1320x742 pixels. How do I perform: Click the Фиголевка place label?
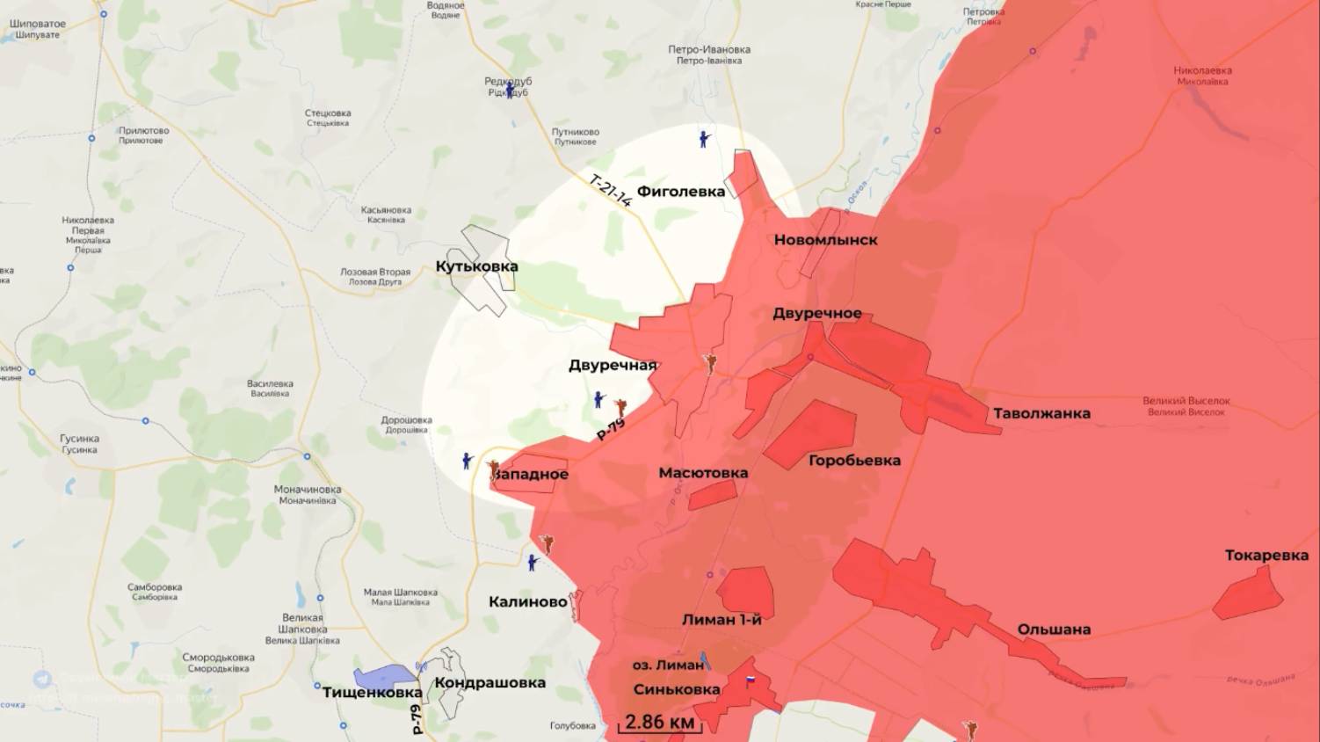[x=680, y=192]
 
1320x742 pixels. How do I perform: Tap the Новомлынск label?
[x=825, y=240]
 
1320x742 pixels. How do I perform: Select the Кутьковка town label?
[x=476, y=266]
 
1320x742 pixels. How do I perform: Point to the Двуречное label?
[x=816, y=314]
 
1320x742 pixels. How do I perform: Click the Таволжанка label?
[x=1041, y=413]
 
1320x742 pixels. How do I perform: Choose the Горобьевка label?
[x=854, y=461]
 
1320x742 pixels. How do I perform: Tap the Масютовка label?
[x=703, y=473]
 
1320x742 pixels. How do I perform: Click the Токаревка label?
[x=1266, y=556]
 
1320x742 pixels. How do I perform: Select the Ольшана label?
[x=1054, y=629]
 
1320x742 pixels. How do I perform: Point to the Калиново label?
[x=527, y=602]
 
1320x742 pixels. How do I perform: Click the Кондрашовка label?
[x=490, y=683]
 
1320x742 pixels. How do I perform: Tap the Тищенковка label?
[x=372, y=693]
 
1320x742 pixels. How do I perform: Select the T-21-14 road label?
[x=610, y=191]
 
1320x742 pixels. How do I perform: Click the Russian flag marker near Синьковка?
[x=751, y=680]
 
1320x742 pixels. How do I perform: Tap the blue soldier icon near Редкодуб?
[x=510, y=91]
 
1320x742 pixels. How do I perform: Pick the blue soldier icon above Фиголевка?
[x=704, y=138]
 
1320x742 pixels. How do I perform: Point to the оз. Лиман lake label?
[x=668, y=666]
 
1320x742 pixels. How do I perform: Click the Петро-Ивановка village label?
[x=709, y=55]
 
